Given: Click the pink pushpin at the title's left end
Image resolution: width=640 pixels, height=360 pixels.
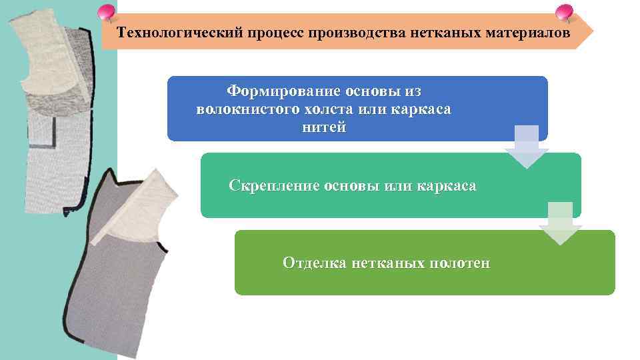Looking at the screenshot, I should pyautogui.click(x=106, y=13).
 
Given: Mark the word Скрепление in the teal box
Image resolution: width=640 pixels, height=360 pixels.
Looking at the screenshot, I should pyautogui.click(x=273, y=186).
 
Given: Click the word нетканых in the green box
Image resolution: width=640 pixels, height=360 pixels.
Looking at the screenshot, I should pyautogui.click(x=387, y=263).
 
